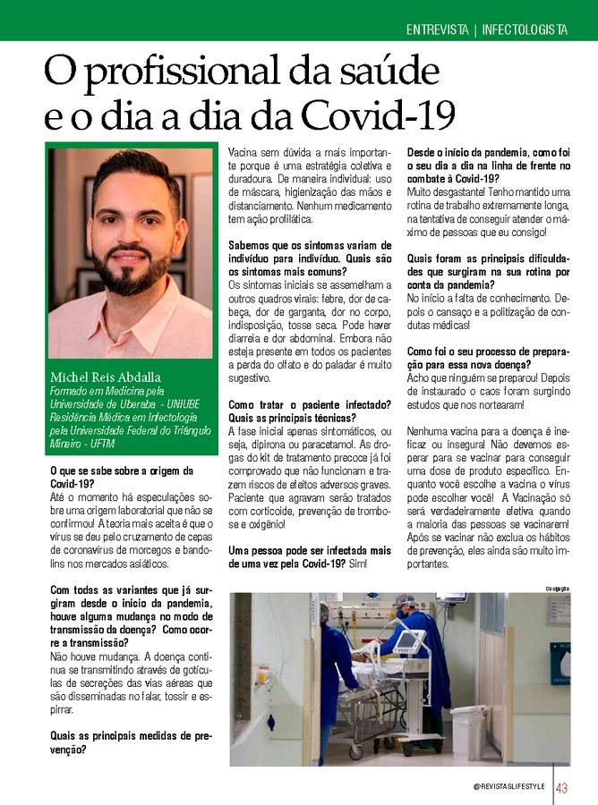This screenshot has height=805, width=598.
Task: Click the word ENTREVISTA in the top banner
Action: click(438, 30)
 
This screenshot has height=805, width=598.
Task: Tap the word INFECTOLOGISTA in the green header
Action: click(525, 30)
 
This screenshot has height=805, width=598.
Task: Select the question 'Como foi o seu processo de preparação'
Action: click(488, 358)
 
